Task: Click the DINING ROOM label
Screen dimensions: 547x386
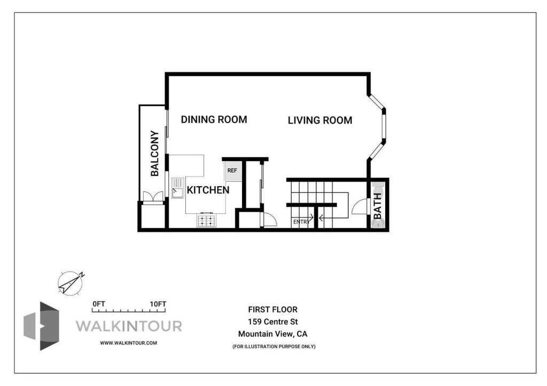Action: pos(214,120)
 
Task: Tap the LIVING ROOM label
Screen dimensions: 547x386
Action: pos(320,120)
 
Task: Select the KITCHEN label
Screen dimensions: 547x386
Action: pos(208,190)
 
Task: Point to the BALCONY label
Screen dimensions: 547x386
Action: pos(154,153)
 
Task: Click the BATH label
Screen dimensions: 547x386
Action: pos(378,206)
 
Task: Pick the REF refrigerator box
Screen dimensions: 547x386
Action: pos(232,171)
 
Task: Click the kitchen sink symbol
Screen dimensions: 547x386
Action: pos(177,188)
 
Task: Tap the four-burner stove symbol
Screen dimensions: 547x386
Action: pos(207,220)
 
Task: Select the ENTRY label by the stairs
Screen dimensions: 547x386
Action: pos(301,222)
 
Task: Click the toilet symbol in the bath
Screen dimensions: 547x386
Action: pos(378,191)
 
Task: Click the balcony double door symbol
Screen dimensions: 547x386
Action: pos(153,197)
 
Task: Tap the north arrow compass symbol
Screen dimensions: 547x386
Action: pos(71,283)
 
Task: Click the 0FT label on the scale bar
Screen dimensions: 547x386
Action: pos(99,304)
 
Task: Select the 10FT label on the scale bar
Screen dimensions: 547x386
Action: pos(158,304)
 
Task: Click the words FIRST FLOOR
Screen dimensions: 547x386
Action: pos(273,309)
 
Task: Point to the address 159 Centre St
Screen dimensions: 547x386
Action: pos(273,321)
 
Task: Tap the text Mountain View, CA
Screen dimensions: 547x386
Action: pos(273,334)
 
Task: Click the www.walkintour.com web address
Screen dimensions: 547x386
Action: pos(128,343)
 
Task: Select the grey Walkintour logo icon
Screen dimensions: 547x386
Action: pos(42,326)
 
